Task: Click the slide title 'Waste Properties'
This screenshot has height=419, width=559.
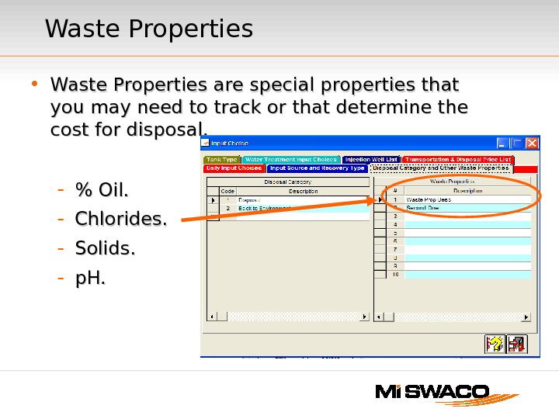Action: tap(149, 29)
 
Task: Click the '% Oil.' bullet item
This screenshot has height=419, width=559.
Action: tap(102, 190)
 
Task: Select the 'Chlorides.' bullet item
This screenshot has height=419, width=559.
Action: tap(120, 220)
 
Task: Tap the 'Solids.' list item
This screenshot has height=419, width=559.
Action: tap(105, 249)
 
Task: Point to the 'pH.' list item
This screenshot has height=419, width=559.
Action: tap(90, 278)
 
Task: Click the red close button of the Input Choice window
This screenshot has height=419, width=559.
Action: tap(532, 143)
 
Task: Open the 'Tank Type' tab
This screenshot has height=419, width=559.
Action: tap(222, 159)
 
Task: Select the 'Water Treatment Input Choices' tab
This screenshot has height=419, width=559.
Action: tap(291, 159)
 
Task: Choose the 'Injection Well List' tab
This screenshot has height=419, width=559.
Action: tap(371, 159)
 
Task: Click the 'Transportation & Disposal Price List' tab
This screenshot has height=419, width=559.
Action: tap(457, 159)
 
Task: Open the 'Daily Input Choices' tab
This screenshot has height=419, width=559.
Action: tap(234, 168)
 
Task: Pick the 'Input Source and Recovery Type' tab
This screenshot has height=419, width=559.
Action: tap(318, 168)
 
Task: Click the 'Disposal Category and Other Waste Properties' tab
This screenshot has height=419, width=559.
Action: tap(440, 168)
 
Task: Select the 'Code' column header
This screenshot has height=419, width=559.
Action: tap(227, 191)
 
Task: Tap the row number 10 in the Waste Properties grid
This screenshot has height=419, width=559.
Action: tap(395, 275)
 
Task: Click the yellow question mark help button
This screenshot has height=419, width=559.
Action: tap(495, 344)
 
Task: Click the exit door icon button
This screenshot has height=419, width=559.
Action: tap(516, 344)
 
